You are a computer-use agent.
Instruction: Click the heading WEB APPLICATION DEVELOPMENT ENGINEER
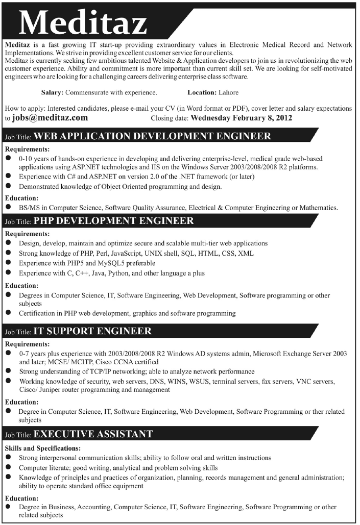pyautogui.click(x=152, y=136)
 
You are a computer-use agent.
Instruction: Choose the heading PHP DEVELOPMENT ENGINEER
pyautogui.click(x=113, y=221)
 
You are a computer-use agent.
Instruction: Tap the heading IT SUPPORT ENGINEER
pyautogui.click(x=92, y=331)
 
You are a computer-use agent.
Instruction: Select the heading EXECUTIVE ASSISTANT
pyautogui.click(x=93, y=434)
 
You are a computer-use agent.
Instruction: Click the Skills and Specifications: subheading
pyautogui.click(x=43, y=448)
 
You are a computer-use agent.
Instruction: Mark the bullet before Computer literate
pyautogui.click(x=9, y=467)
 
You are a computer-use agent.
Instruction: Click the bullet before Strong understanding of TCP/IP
pyautogui.click(x=9, y=371)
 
